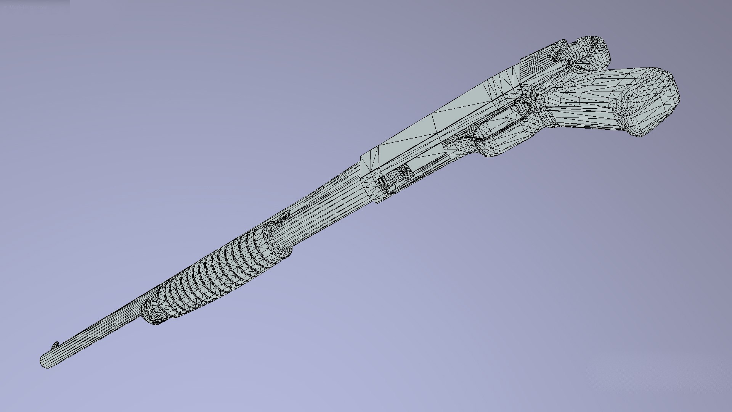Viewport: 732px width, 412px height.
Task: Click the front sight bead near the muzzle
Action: (56, 345)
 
